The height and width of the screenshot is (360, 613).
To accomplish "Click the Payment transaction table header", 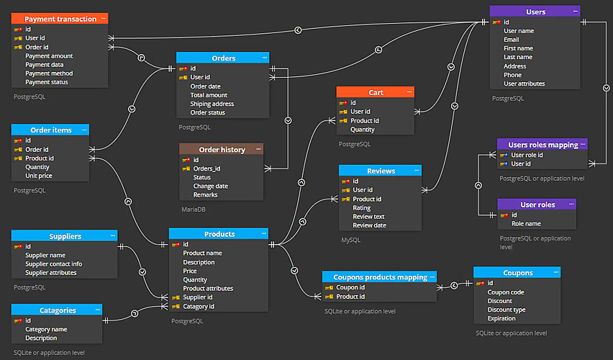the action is click(60, 19).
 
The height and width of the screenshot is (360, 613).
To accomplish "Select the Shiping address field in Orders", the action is click(212, 104).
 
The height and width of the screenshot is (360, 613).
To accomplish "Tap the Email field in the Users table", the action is click(512, 40).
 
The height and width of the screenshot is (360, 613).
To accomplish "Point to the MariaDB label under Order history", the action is click(194, 210).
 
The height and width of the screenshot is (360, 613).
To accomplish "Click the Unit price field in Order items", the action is click(39, 176).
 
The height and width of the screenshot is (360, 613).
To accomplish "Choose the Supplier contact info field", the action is click(53, 264).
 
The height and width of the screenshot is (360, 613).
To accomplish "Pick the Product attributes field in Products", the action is click(208, 289).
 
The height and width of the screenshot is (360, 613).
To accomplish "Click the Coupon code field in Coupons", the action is click(506, 292).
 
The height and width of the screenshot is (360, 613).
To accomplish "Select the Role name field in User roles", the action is click(526, 224).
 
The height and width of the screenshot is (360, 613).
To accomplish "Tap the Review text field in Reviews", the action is click(368, 217).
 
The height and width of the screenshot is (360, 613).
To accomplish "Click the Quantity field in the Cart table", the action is click(363, 130).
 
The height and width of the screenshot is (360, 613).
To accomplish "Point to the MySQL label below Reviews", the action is click(350, 240).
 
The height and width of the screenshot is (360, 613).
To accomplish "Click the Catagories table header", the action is click(57, 310).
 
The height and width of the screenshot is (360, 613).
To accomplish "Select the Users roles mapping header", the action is click(542, 145).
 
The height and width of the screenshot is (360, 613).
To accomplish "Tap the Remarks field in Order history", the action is click(205, 195).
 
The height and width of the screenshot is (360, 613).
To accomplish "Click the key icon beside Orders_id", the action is click(186, 168).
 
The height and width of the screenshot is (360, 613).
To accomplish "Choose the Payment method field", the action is click(49, 73).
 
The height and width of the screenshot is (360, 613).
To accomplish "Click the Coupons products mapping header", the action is click(380, 277).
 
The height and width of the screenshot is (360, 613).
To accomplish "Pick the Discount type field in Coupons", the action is click(507, 310).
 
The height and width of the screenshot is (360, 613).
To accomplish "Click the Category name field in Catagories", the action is click(46, 329).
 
